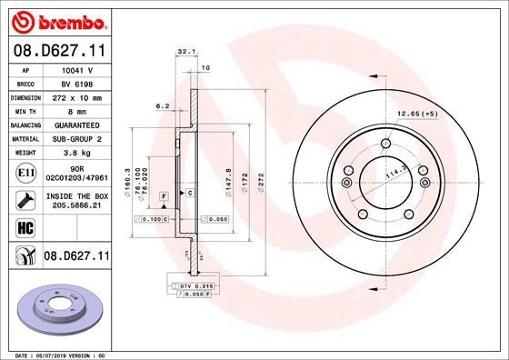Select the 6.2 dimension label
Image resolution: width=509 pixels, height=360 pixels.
[x=164, y=105]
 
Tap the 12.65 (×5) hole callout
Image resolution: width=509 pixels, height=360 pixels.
[x=416, y=114]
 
